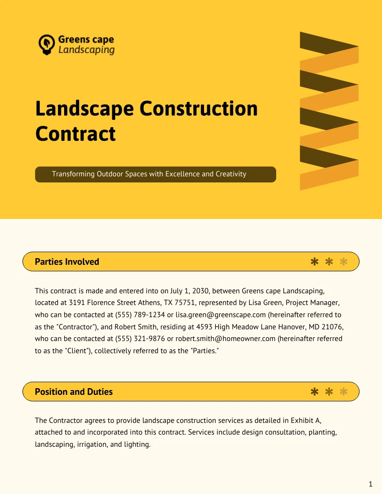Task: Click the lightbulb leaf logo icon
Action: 46,44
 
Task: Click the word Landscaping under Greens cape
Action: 86,50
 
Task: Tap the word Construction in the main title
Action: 199,109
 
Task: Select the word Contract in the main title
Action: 75,133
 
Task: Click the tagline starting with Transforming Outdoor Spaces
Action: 149,174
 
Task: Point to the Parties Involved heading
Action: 67,262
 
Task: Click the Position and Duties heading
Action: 73,392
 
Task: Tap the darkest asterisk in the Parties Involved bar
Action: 315,262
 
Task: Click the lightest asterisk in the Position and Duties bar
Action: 344,392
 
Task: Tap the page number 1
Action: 370,484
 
